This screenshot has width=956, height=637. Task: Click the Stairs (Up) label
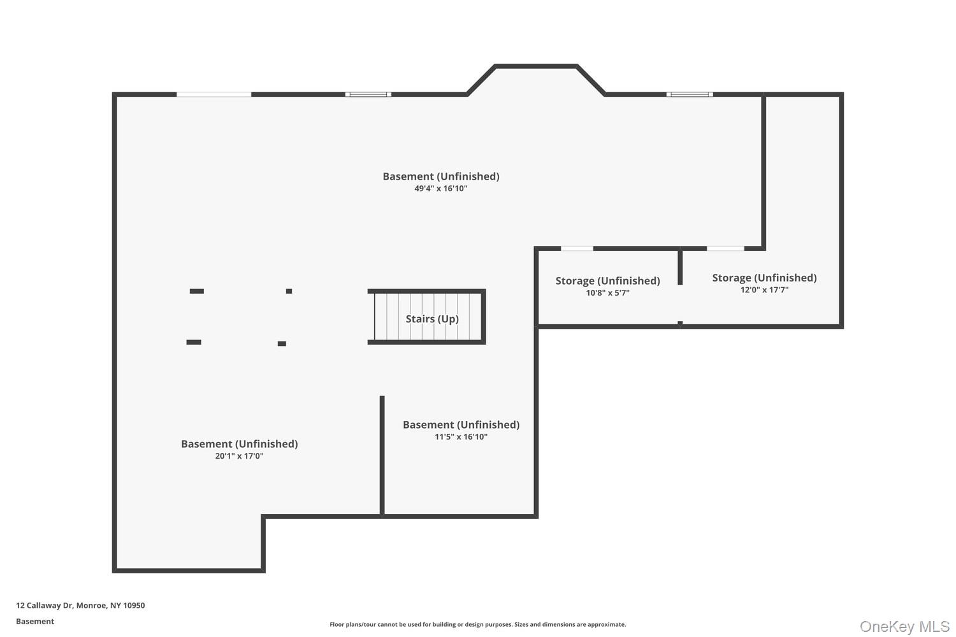click(x=432, y=319)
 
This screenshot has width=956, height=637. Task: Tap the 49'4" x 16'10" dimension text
click(x=441, y=189)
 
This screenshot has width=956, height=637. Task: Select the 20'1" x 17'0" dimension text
click(x=240, y=455)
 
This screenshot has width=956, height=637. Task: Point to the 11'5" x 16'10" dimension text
click(x=461, y=436)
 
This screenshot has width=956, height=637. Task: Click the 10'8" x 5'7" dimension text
click(x=608, y=292)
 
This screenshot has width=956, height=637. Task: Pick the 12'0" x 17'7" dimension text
click(x=764, y=290)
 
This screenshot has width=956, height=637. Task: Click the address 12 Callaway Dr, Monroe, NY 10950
click(x=81, y=605)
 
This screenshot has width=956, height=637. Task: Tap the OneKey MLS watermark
click(x=904, y=626)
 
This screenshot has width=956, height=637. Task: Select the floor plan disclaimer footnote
click(x=477, y=624)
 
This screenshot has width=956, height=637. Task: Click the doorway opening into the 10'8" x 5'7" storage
click(x=577, y=248)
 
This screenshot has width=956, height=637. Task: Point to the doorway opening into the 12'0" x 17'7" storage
click(x=725, y=248)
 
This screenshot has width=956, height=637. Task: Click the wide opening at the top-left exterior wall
click(x=214, y=94)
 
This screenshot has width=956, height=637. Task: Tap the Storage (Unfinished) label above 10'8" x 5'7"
click(x=608, y=281)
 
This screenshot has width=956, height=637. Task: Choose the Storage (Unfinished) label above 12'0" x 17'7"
click(x=764, y=278)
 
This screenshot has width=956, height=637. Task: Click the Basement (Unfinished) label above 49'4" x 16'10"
click(x=441, y=176)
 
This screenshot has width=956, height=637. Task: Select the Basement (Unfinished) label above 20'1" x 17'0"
click(x=240, y=444)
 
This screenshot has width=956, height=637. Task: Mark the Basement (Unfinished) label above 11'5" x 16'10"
click(x=461, y=424)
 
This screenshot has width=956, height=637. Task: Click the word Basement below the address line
click(x=35, y=621)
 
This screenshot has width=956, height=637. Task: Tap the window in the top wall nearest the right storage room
click(x=690, y=94)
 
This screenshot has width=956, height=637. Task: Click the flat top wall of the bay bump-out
click(x=536, y=66)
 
